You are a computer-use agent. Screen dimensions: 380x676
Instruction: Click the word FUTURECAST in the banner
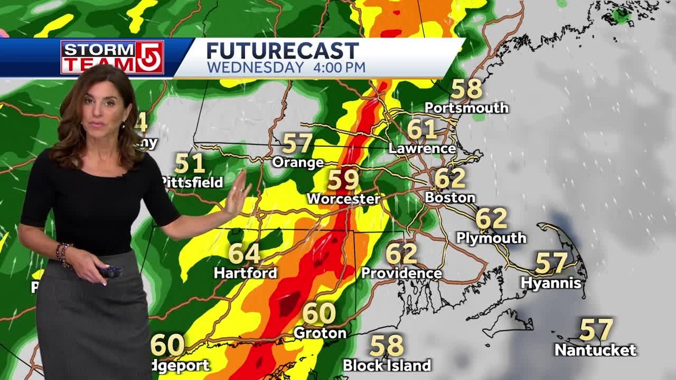click(282, 51)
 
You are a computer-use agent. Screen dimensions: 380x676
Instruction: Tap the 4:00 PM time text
click(337, 68)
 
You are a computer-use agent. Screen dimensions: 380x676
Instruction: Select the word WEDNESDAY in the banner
click(255, 68)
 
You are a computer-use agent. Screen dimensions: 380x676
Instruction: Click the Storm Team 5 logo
click(112, 56)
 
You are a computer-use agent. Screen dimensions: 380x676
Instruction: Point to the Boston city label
click(450, 198)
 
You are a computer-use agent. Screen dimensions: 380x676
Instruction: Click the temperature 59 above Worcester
click(343, 180)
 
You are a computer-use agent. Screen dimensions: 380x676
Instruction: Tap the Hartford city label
click(245, 273)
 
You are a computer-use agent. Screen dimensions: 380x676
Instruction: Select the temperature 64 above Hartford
click(244, 254)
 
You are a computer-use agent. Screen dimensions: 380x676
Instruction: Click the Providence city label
click(401, 273)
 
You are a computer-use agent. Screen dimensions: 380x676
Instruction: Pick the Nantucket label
click(595, 349)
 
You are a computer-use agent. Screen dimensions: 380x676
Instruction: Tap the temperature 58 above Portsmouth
click(467, 89)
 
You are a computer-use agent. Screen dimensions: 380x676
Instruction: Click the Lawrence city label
click(422, 149)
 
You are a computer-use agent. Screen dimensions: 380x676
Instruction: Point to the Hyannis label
click(551, 283)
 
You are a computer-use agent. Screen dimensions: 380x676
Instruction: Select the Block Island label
click(387, 365)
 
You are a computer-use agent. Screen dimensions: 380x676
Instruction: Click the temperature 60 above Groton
click(319, 313)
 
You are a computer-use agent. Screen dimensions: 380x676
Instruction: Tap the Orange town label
click(297, 163)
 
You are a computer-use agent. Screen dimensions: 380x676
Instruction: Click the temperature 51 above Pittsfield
click(190, 164)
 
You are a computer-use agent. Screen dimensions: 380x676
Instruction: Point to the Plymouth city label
click(491, 238)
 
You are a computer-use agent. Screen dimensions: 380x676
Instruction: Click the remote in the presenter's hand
click(111, 272)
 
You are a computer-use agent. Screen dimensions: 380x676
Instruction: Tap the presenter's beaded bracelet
click(64, 253)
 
